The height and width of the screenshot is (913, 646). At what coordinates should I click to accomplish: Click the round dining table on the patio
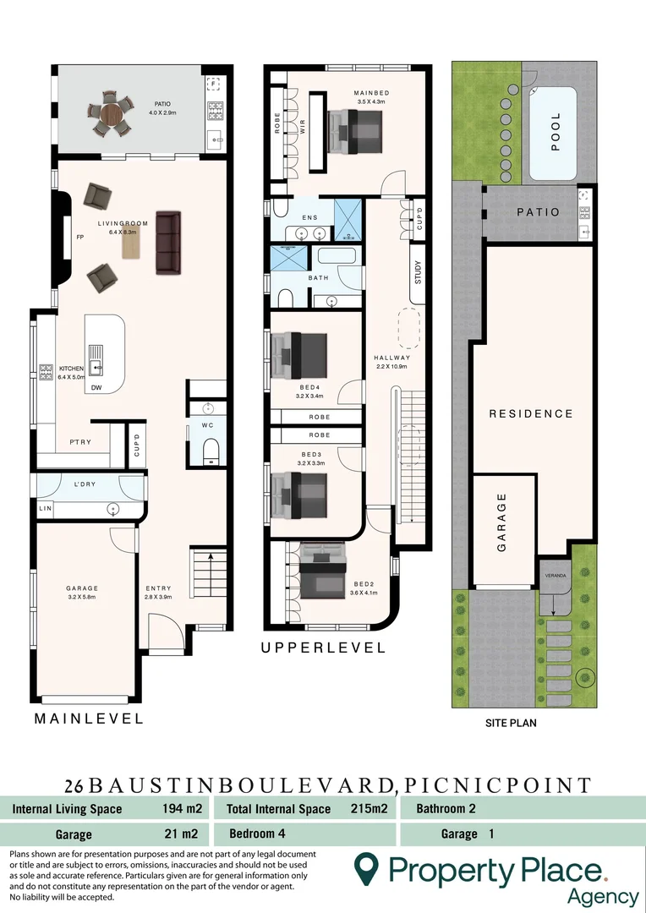tap(112, 113)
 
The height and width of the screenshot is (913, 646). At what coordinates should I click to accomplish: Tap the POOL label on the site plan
tap(556, 133)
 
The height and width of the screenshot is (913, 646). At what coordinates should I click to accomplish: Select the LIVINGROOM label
tap(123, 224)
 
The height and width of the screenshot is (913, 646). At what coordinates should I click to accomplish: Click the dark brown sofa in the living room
tap(168, 243)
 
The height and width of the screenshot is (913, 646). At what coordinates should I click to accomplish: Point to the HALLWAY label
tap(391, 358)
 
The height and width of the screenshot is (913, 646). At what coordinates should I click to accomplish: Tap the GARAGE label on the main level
tap(83, 588)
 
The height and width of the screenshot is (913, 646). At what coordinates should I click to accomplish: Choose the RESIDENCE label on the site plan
tap(531, 413)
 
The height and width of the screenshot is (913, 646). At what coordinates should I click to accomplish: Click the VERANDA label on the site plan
tap(555, 575)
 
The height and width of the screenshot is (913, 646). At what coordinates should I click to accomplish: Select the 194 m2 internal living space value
tap(179, 809)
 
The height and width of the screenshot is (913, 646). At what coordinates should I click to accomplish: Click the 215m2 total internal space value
tap(369, 809)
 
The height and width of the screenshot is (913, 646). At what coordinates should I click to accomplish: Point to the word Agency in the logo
tap(603, 896)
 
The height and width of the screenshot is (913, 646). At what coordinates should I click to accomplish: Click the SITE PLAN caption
tap(511, 723)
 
